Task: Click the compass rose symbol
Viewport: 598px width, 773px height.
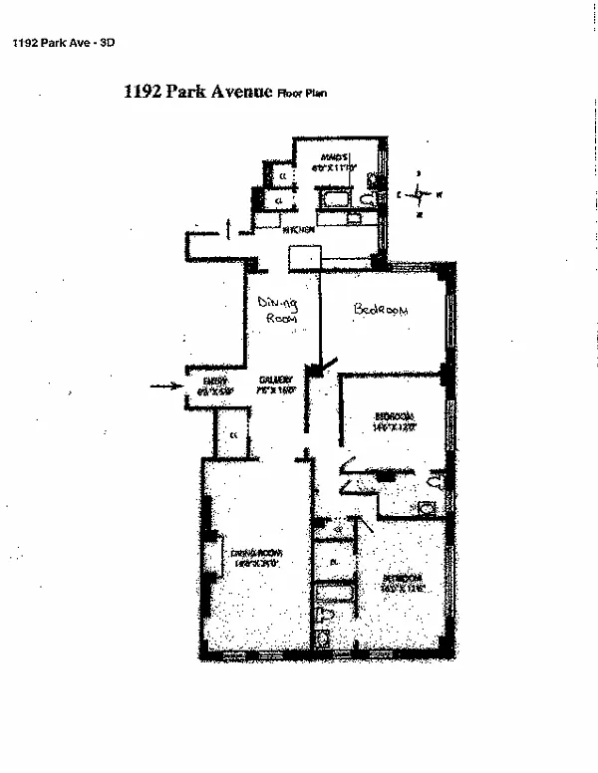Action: pos(422,194)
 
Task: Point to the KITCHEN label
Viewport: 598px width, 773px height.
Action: pos(299,231)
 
